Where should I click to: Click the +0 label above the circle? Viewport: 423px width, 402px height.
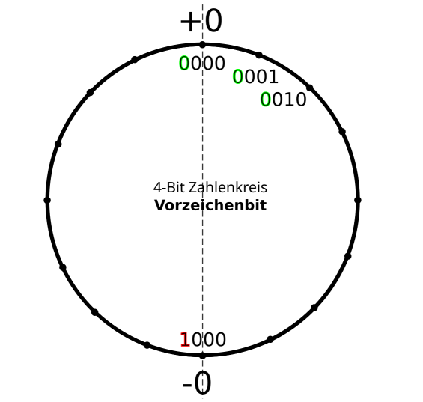click(x=201, y=21)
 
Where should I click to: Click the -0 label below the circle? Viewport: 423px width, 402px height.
click(x=197, y=383)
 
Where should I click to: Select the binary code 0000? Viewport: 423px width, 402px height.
click(x=202, y=64)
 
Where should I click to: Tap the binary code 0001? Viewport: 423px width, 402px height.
click(x=255, y=76)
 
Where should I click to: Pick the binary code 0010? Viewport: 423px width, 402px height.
click(x=283, y=100)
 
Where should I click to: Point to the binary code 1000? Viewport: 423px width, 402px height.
click(x=203, y=339)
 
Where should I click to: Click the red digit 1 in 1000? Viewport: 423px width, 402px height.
click(x=186, y=339)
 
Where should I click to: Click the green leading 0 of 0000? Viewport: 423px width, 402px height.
click(x=184, y=64)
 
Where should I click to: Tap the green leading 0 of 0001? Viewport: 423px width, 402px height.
click(x=237, y=76)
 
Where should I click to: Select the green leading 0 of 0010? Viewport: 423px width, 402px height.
click(x=265, y=100)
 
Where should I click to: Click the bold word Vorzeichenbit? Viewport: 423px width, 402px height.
click(x=210, y=205)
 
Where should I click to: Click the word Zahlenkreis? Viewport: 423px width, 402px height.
click(x=228, y=187)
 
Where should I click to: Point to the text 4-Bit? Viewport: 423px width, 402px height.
click(x=169, y=187)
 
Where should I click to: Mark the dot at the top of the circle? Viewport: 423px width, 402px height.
click(x=202, y=45)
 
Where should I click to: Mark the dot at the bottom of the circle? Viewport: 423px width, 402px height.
click(x=202, y=356)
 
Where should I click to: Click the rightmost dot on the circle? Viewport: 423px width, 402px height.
click(x=358, y=200)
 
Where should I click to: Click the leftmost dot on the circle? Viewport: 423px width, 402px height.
click(x=47, y=200)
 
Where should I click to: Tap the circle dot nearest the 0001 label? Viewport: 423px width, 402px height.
click(x=259, y=55)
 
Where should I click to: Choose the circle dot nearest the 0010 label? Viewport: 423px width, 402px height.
click(x=310, y=88)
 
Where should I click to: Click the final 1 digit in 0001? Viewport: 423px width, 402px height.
click(x=274, y=76)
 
